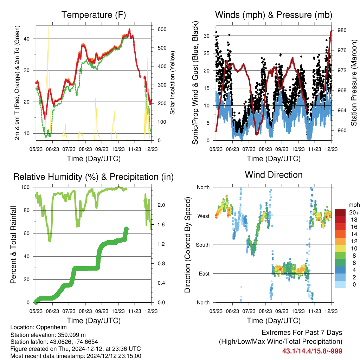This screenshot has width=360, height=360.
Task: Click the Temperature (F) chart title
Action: pos(94,15)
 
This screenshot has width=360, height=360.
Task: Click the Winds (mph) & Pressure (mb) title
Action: pos(274,15)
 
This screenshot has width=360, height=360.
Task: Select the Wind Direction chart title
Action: pos(274,175)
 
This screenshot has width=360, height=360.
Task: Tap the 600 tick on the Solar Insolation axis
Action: pos(162,30)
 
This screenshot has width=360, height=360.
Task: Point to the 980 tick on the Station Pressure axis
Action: pos(342,30)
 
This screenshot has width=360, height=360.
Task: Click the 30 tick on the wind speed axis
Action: pos(207,36)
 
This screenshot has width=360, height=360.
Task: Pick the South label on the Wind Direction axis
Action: pos(203,245)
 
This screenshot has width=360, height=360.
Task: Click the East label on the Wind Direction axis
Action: pos(204,274)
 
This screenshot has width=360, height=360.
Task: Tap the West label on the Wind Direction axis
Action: pos(204,216)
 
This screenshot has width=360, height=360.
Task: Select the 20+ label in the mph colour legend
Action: pos(354,213)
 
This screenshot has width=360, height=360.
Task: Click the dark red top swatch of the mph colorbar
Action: pos(340,212)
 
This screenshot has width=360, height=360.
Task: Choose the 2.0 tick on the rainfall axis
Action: pos(161,205)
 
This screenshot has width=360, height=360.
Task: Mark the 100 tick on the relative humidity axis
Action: pos(25,187)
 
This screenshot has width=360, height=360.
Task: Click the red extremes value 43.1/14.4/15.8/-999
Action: pos(312,351)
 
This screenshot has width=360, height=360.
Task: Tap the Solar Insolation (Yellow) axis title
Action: pos(172,83)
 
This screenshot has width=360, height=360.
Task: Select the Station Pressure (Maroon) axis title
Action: pos(354,83)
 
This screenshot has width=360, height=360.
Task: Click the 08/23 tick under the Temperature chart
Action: pos(85,149)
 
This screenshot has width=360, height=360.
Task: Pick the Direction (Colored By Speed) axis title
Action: pos(188,245)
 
